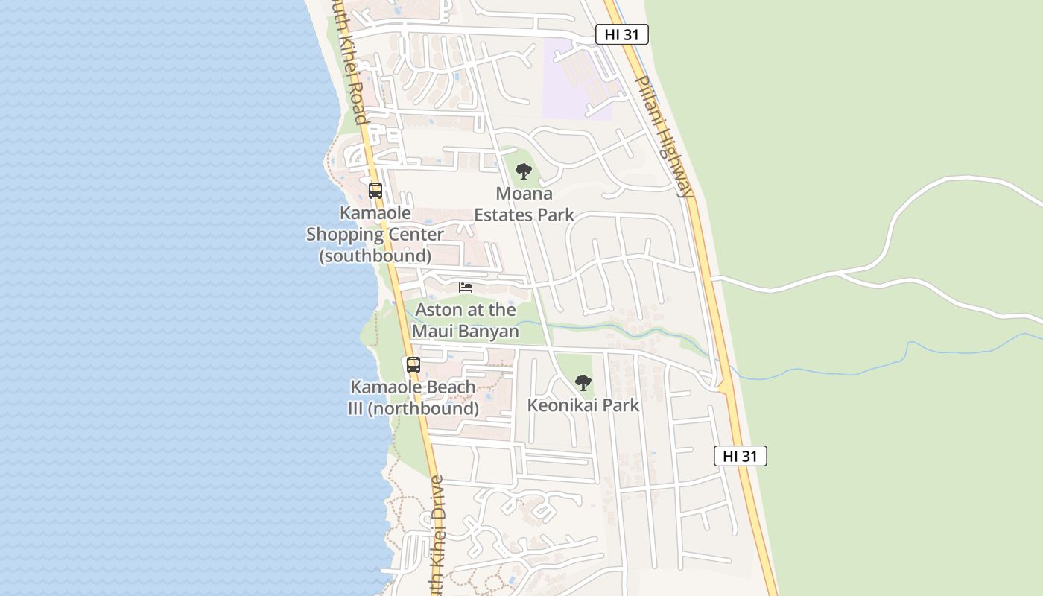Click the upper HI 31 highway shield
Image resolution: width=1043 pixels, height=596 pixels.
coord(622,34)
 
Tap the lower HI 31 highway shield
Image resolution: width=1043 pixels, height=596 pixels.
coord(740,456)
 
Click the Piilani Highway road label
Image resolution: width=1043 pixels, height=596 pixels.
coord(665,136)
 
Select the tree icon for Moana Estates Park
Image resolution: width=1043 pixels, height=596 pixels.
coord(524,171)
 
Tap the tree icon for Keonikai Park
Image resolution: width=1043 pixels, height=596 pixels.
coord(583,383)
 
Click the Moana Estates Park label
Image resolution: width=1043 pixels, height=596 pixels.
coord(524,204)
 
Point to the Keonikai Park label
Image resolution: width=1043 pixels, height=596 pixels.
coord(583,405)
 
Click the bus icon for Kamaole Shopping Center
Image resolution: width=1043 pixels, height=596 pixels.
coord(375,190)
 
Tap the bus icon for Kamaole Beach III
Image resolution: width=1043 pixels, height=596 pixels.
coord(413,365)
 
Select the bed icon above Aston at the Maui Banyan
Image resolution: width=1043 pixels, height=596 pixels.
coord(466,288)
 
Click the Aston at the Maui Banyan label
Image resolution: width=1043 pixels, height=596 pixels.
coord(466,320)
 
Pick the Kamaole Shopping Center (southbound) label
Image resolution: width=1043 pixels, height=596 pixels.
coord(375,234)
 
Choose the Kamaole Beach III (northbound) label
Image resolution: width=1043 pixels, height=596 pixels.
coord(413,398)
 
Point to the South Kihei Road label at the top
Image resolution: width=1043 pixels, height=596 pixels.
coord(351,63)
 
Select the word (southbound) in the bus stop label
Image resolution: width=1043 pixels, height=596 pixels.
coord(375,256)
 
